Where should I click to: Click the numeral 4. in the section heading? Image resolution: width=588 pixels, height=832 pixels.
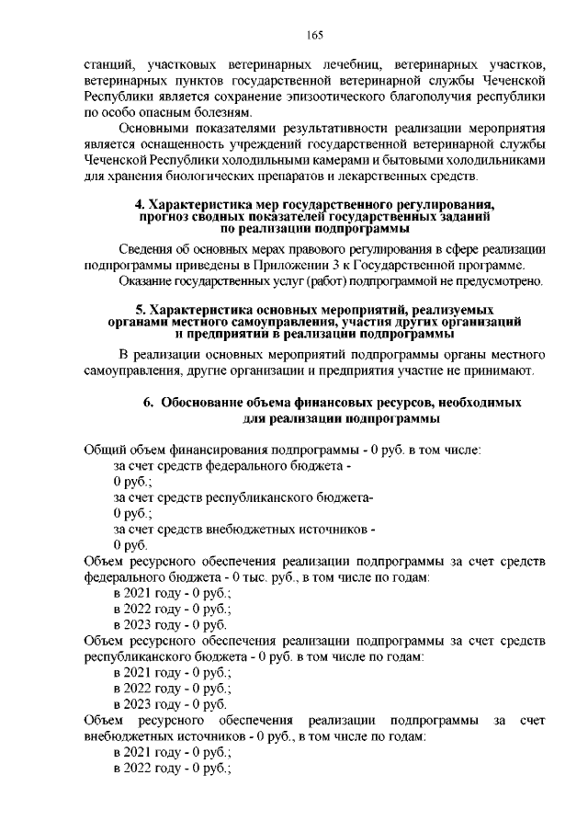pos(141,203)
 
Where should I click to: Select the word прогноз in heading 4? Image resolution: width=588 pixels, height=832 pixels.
pos(164,216)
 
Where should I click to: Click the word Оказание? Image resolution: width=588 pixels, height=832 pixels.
pos(150,279)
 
